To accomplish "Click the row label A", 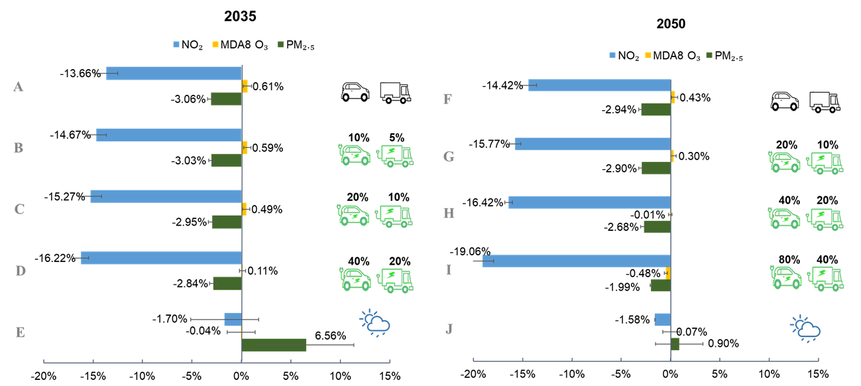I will pos(19,87).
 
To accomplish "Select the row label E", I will pos(20,332).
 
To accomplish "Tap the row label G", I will pos(449,157).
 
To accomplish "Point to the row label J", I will pos(449,329).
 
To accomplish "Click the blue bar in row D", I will pos(161,258).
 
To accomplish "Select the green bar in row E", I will pos(274,345).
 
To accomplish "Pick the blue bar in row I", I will pos(576,261).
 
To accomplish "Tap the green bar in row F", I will pos(656,109).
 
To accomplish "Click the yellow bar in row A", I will pos(245,86).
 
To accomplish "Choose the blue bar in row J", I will pos(662,320).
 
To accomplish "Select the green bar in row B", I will pos(226,161).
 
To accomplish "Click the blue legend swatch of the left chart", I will pos(176,44).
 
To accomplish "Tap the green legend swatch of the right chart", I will pos(709,55).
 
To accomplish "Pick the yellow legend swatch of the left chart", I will pos(215,44).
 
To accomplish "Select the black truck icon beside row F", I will pos(824,101).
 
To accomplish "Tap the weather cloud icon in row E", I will pos(375,323).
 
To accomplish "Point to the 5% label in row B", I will pos(396,139).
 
